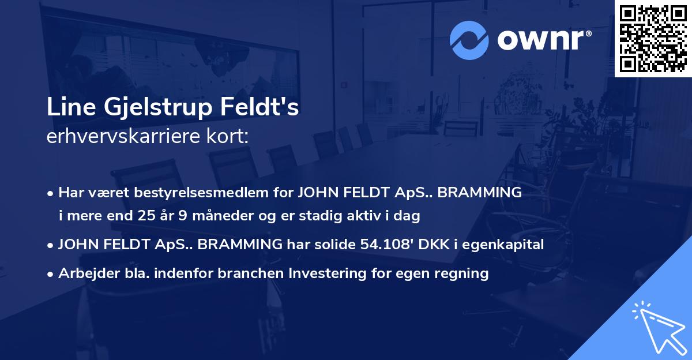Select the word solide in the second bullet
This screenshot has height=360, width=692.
tap(339, 245)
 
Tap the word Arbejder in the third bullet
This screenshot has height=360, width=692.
tap(85, 274)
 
